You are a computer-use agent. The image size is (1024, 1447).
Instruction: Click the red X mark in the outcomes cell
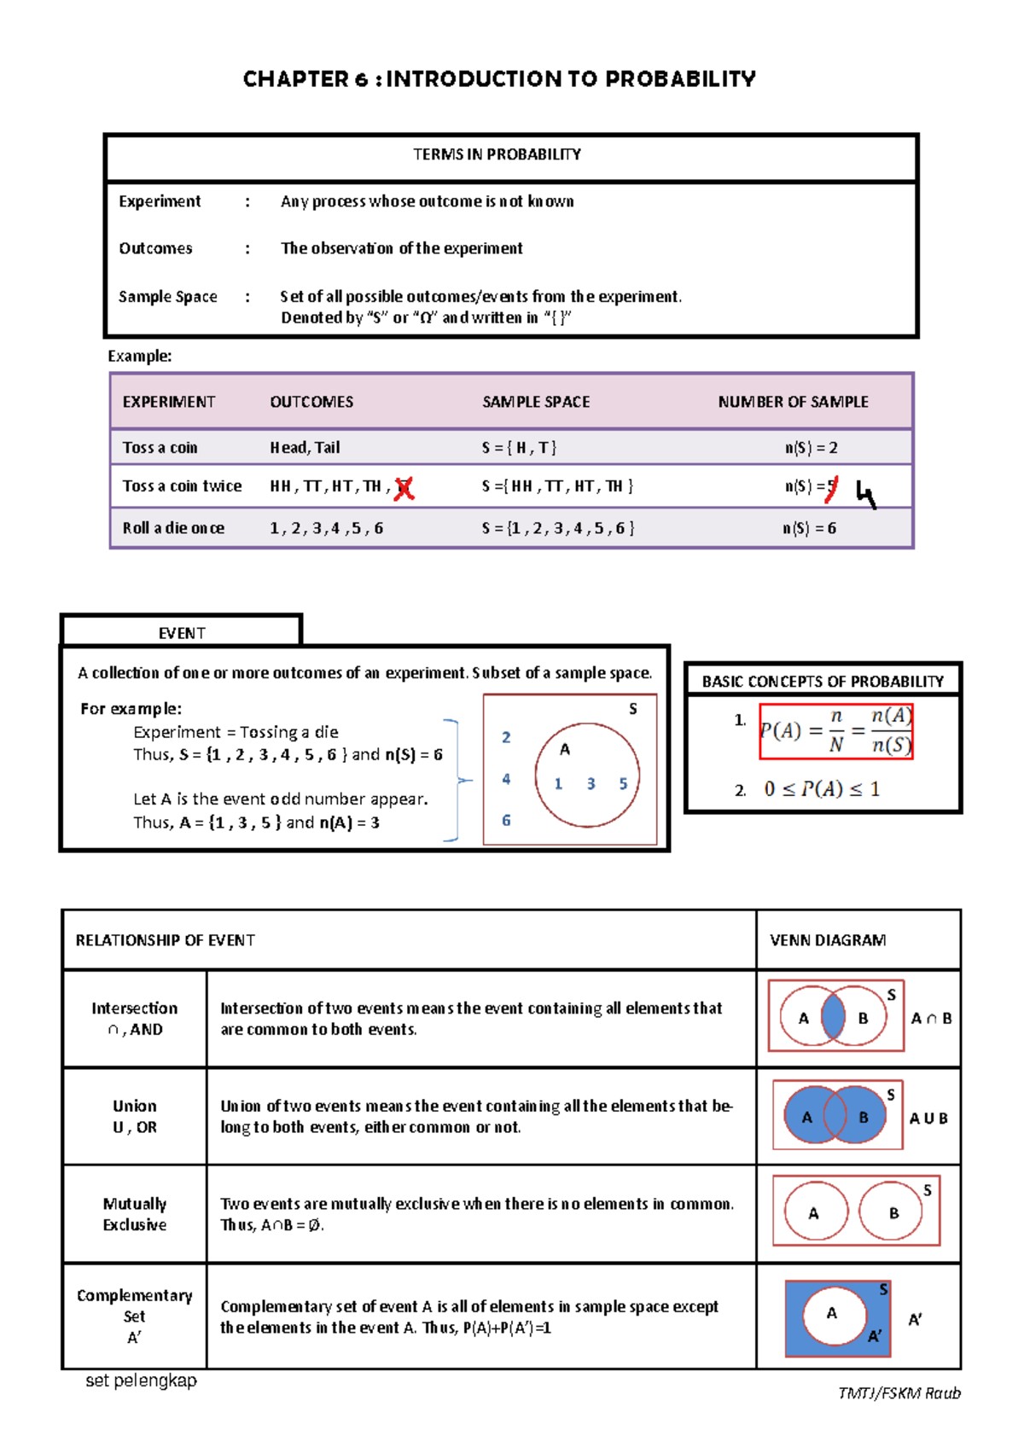[404, 488]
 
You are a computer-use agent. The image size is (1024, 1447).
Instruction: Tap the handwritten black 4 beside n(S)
[865, 495]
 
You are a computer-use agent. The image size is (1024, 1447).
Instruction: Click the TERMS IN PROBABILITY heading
[497, 154]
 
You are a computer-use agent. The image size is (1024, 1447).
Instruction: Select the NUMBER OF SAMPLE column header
[793, 402]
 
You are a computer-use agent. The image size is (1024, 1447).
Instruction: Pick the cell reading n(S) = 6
[809, 528]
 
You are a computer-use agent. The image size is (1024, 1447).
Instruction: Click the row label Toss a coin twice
[182, 486]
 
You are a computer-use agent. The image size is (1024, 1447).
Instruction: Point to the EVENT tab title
[182, 633]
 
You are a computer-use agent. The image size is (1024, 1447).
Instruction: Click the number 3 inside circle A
[591, 784]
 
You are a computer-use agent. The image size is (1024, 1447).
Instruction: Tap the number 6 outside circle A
[506, 820]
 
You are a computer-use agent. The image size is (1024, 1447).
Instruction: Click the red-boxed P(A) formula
[835, 731]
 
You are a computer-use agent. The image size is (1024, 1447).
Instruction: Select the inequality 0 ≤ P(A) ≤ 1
[821, 789]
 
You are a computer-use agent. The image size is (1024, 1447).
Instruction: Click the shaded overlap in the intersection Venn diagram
[833, 1017]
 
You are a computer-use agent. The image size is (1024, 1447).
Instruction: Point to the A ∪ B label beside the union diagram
[928, 1119]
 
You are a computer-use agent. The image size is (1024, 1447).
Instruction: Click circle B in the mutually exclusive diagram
[892, 1212]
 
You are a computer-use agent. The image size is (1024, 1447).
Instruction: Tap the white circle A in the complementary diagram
[833, 1314]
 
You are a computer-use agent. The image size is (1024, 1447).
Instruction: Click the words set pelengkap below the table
[141, 1380]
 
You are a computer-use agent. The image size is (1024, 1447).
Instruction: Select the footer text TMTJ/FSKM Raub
[899, 1393]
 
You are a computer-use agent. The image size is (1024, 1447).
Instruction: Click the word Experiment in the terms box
[160, 201]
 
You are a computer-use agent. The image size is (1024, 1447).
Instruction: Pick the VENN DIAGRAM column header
[827, 940]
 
